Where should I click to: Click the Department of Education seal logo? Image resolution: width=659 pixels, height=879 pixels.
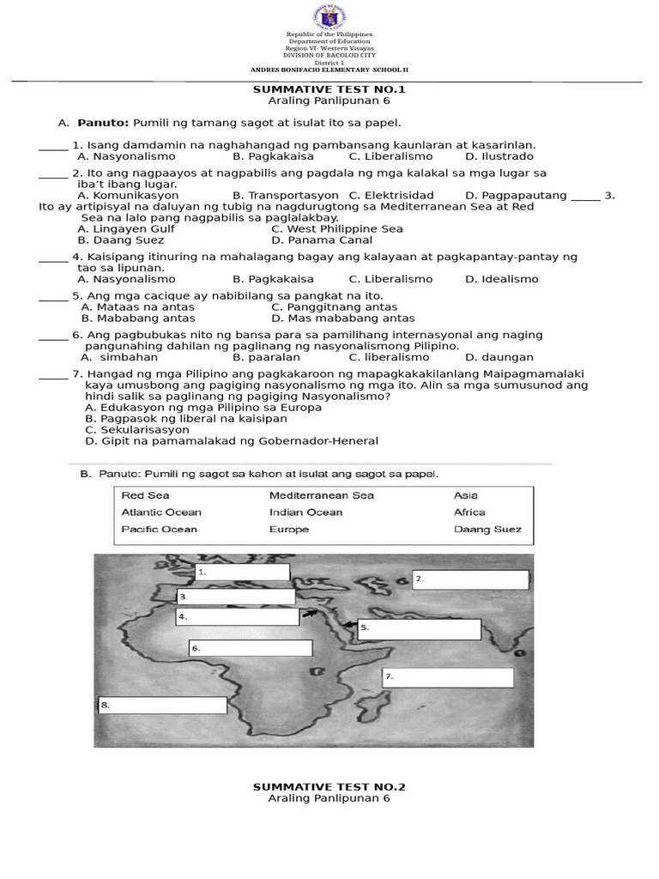pyautogui.click(x=329, y=16)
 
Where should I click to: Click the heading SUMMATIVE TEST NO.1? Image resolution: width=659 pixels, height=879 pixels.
pyautogui.click(x=329, y=89)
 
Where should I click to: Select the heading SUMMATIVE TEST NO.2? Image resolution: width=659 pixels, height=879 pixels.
pyautogui.click(x=329, y=786)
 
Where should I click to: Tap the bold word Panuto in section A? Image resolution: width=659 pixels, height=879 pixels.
pyautogui.click(x=103, y=123)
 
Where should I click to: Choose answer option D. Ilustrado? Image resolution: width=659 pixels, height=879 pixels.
pyautogui.click(x=499, y=156)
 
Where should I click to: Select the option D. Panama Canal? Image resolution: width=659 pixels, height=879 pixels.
pyautogui.click(x=322, y=240)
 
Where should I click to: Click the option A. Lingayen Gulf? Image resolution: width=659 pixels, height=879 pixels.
pyautogui.click(x=126, y=229)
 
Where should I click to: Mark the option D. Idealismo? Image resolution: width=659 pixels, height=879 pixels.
pyautogui.click(x=501, y=279)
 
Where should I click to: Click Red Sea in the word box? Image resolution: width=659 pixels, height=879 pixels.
pyautogui.click(x=145, y=495)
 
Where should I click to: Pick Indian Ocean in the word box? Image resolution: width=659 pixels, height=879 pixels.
pyautogui.click(x=305, y=512)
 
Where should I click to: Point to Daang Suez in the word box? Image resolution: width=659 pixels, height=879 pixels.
pyautogui.click(x=487, y=530)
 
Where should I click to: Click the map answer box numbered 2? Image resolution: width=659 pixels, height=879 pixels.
pyautogui.click(x=470, y=580)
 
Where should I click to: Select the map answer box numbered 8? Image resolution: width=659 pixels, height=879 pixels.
pyautogui.click(x=162, y=706)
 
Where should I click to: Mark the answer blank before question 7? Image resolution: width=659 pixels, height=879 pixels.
pyautogui.click(x=53, y=376)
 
